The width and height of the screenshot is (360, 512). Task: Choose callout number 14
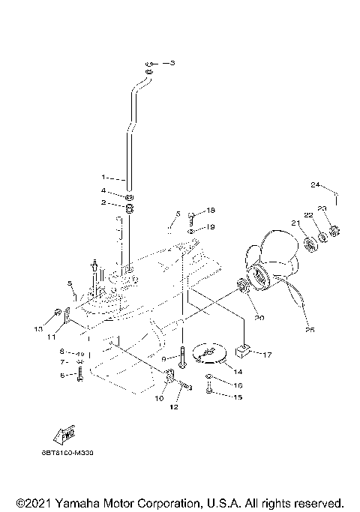coord(238,371)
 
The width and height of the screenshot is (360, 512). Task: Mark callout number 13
coord(37,328)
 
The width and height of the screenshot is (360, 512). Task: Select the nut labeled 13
coord(58,312)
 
